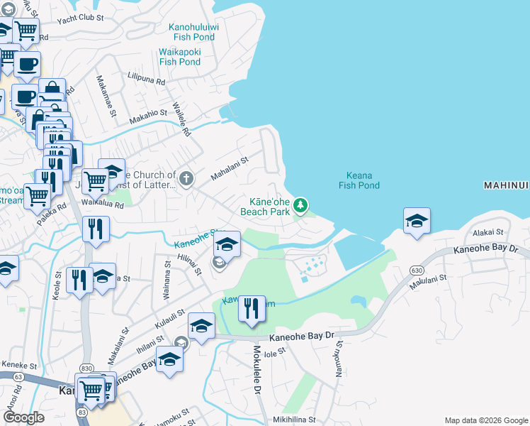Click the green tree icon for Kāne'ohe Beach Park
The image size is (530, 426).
[x=300, y=205]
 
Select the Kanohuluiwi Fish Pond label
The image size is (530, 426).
[x=193, y=33]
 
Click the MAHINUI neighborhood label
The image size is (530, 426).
[x=506, y=185]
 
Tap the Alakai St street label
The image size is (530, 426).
[x=488, y=231]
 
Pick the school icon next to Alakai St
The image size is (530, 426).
[x=417, y=221]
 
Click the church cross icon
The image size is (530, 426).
[x=186, y=177]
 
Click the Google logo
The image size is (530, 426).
[x=24, y=417]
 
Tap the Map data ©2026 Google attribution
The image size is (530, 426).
[x=485, y=420]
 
